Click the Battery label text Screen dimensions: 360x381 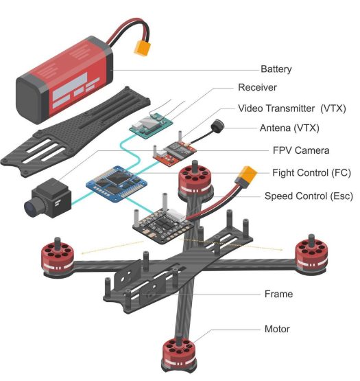click(x=276, y=69)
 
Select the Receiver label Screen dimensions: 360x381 click(x=257, y=87)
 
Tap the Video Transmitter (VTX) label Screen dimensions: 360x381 click(x=292, y=108)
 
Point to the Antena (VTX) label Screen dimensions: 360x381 click(x=289, y=128)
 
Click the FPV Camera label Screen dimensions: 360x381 click(x=301, y=150)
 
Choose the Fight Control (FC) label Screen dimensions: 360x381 click(x=311, y=173)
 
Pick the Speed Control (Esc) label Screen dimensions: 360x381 click(x=309, y=196)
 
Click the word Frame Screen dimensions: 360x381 click(x=278, y=294)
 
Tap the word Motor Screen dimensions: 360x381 click(x=277, y=329)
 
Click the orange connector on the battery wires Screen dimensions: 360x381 click(x=143, y=48)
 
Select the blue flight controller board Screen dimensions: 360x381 click(x=117, y=183)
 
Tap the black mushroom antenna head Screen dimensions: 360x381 click(x=217, y=125)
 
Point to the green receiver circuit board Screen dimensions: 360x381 click(x=151, y=126)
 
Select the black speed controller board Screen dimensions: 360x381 click(x=163, y=227)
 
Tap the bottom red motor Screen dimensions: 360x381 click(x=179, y=354)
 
